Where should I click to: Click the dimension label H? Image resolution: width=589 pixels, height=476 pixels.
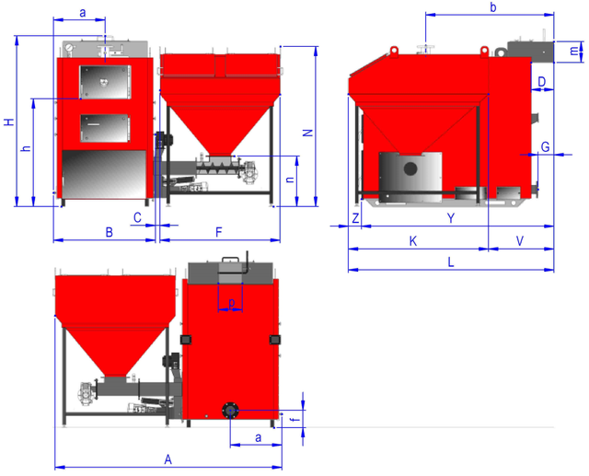9,122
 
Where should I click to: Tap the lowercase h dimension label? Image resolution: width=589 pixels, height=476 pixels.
26,148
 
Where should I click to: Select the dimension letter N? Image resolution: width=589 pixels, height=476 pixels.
308,133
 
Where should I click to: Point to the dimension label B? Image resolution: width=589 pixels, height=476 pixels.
109,232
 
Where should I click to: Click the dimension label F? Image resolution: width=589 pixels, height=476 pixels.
219,232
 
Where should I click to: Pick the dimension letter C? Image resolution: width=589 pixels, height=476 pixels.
137,217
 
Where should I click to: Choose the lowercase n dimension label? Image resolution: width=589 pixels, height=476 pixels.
290,180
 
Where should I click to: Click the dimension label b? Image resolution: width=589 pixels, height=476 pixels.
493,7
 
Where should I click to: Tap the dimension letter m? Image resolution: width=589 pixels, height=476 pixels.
574,51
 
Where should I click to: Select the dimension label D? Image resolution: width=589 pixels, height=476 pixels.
542,82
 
